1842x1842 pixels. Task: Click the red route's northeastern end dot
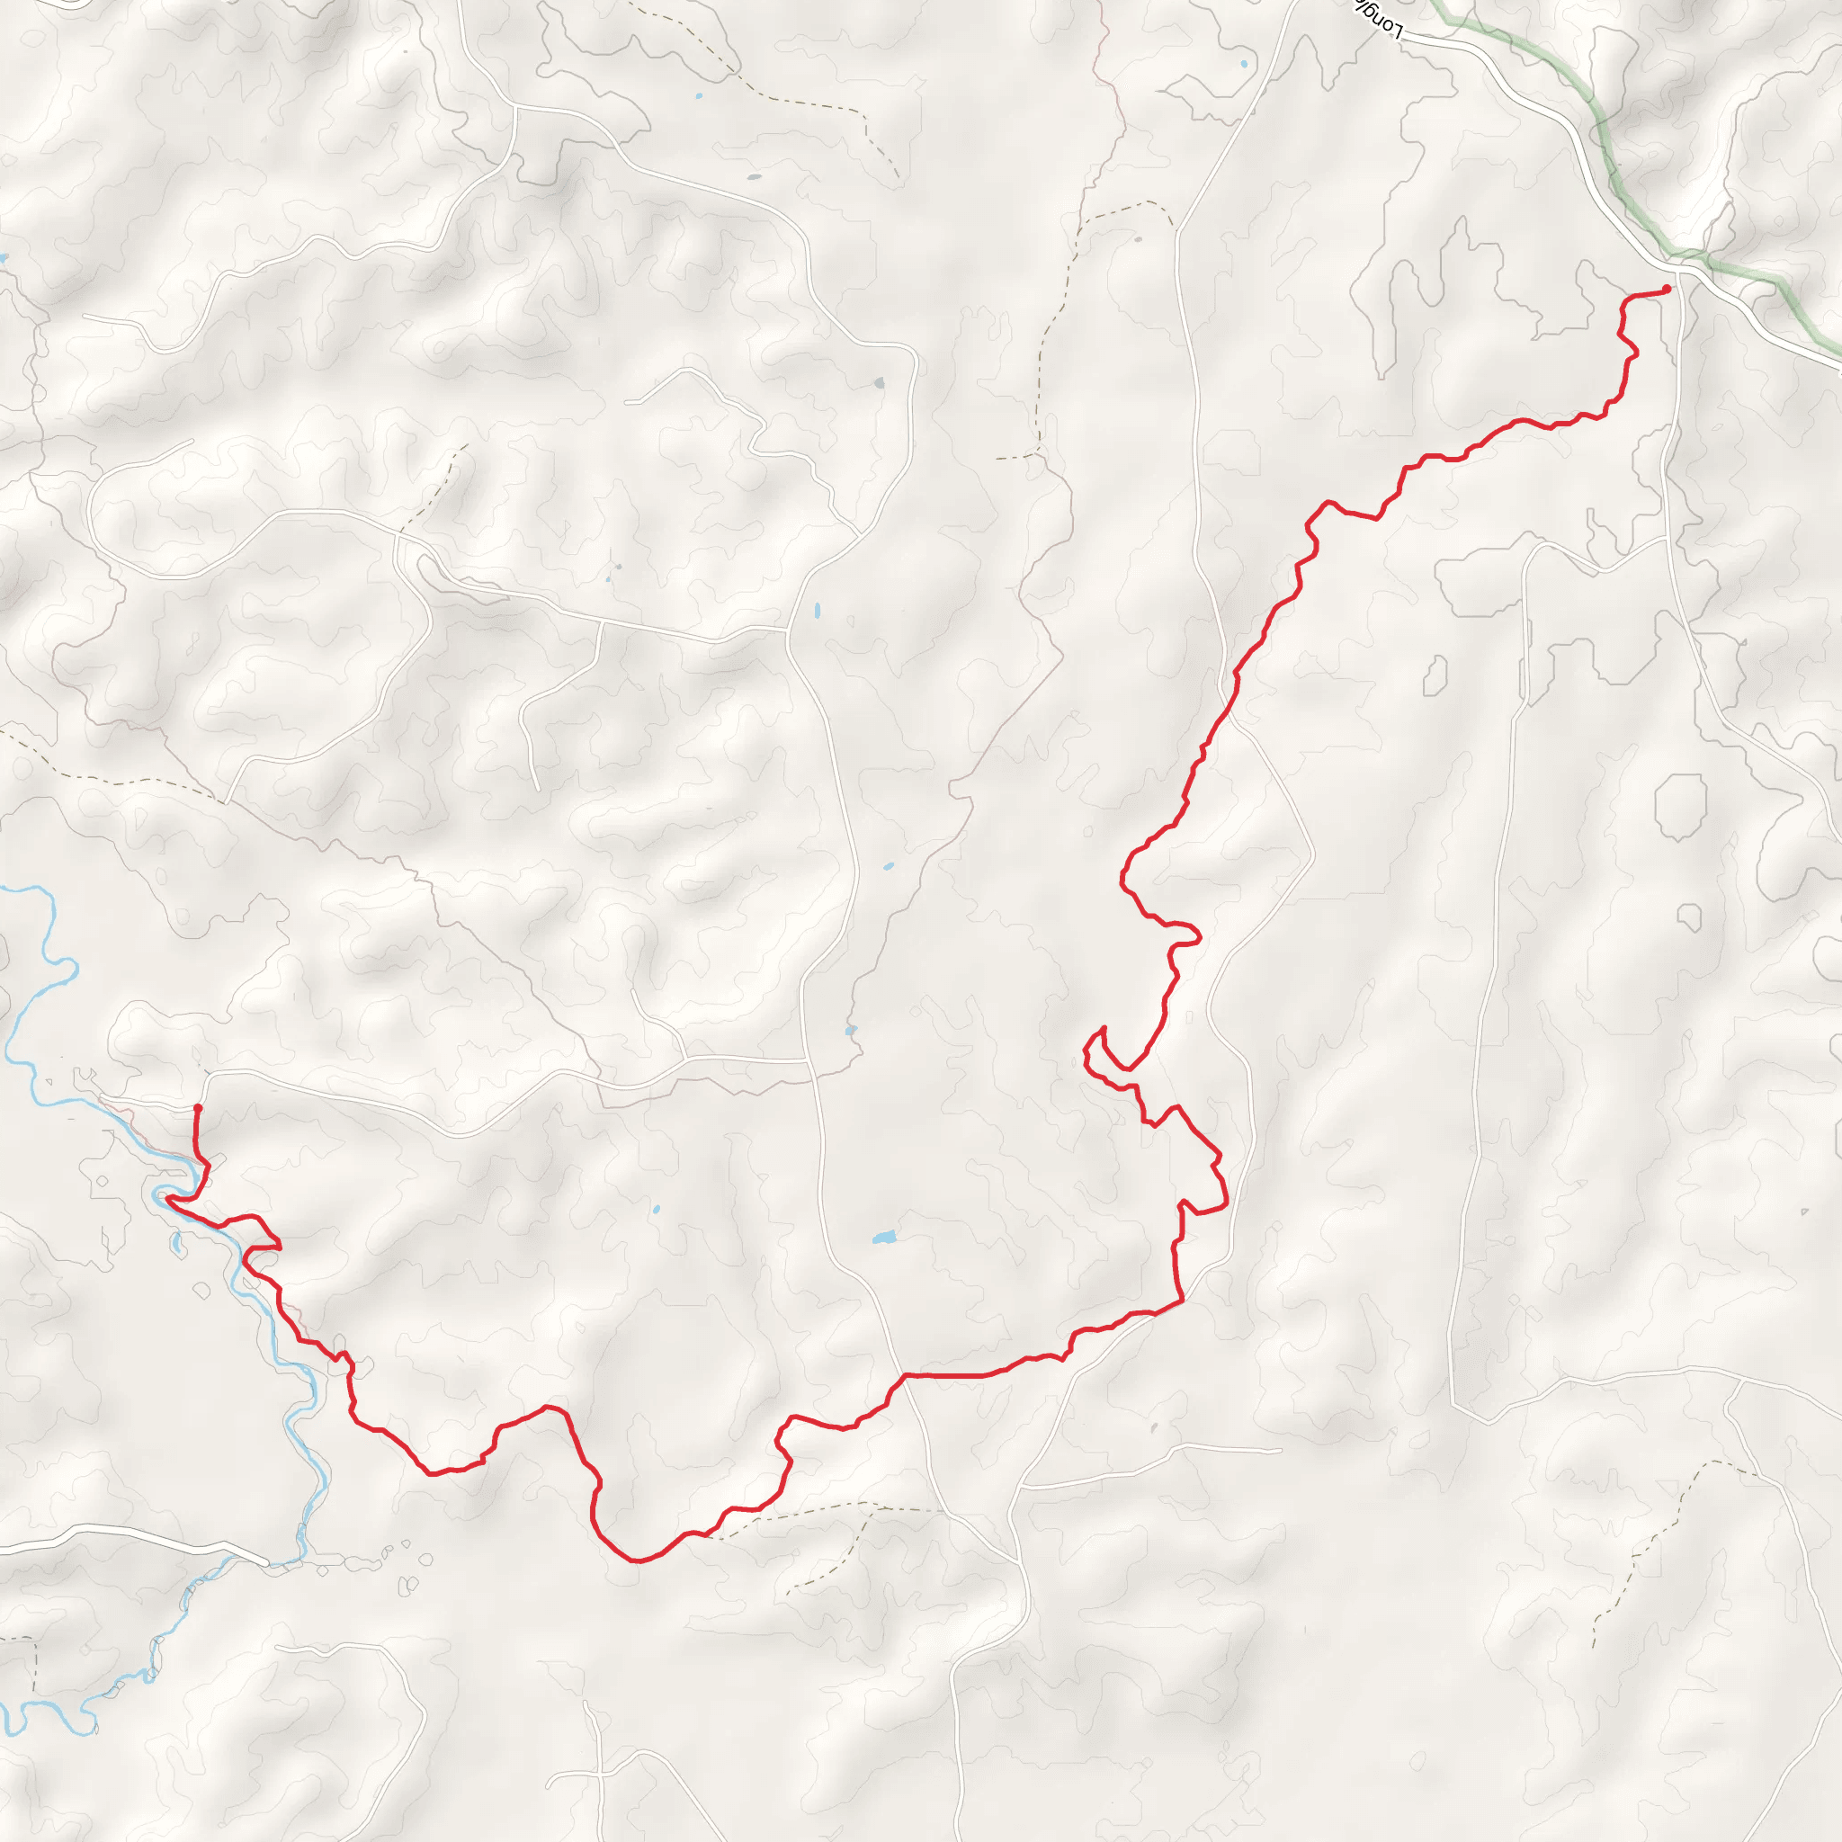coord(1666,289)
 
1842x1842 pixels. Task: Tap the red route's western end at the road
coord(197,1107)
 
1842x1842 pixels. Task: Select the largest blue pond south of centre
coord(884,1238)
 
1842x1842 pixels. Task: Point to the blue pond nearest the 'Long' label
coord(1244,64)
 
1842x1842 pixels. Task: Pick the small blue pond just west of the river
coord(176,1243)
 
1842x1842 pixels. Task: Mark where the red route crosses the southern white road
coord(904,1375)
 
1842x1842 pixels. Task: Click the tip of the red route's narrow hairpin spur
coord(1103,1029)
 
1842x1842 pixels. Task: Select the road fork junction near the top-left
coord(514,108)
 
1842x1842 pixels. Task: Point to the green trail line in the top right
coord(1611,162)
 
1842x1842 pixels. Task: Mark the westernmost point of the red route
coord(167,1198)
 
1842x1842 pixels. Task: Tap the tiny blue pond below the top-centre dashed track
coord(699,96)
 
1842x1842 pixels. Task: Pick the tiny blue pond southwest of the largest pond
coord(656,1211)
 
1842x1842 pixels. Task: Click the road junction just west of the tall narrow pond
coord(788,630)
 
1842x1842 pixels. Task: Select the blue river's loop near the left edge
coord(58,963)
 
